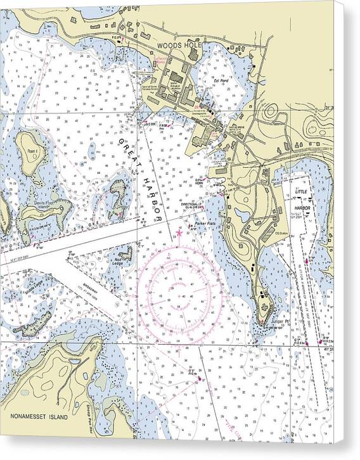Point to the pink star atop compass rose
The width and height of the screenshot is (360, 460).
click(179, 234)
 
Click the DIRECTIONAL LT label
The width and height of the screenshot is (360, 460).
click(192, 205)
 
